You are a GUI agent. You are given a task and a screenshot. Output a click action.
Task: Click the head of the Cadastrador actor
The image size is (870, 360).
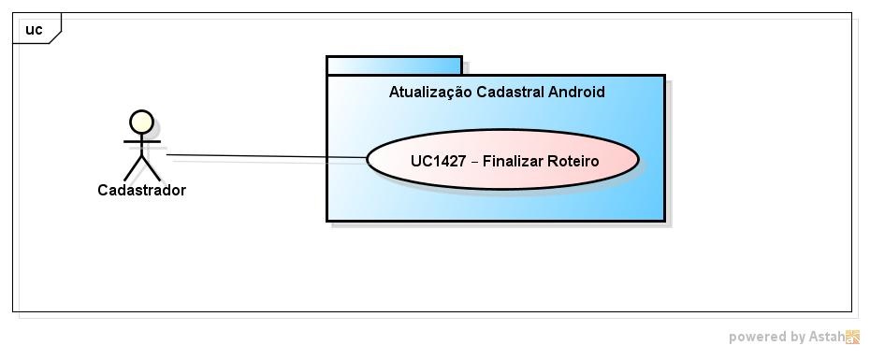tap(141, 122)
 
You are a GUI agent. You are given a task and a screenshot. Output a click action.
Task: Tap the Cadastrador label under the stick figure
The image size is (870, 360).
tap(141, 191)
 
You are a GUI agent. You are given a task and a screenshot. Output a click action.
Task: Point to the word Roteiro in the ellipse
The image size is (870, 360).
tap(574, 161)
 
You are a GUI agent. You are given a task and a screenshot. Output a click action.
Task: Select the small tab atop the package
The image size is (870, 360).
tap(394, 65)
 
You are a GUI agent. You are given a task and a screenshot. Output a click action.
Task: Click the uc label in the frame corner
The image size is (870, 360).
tap(34, 29)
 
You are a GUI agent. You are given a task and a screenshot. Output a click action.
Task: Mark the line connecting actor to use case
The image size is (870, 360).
tap(267, 156)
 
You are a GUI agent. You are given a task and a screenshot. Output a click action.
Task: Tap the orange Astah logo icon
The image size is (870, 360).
tap(853, 338)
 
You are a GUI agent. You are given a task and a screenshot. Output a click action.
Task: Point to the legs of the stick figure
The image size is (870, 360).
tap(142, 169)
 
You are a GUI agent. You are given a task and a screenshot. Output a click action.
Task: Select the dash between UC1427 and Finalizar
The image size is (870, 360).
tap(474, 162)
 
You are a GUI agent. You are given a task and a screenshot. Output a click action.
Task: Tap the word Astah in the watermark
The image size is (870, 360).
tap(827, 337)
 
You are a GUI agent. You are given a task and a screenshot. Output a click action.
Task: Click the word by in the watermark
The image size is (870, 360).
tap(798, 338)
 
